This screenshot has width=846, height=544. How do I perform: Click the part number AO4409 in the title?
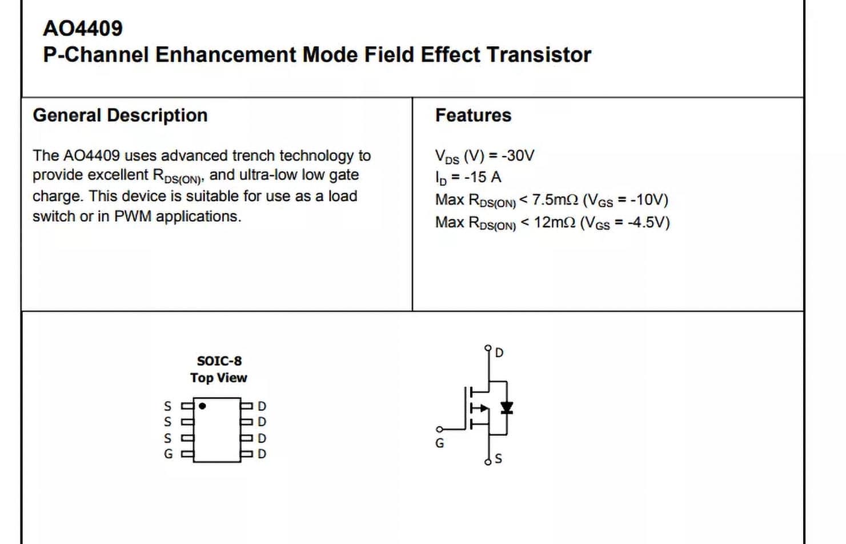click(x=83, y=29)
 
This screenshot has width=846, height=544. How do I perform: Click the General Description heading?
click(x=120, y=115)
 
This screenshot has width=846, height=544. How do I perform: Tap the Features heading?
click(x=473, y=115)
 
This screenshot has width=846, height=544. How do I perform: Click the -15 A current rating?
click(x=483, y=177)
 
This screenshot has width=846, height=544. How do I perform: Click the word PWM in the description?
click(x=133, y=217)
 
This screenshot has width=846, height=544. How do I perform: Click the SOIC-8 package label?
click(x=219, y=361)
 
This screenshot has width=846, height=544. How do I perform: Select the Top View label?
click(x=219, y=378)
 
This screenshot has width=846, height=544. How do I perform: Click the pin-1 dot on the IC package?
click(x=202, y=406)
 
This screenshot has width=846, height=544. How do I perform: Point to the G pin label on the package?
click(x=168, y=454)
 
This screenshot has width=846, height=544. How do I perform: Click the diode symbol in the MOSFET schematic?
click(x=506, y=407)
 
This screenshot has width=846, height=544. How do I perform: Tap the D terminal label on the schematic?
click(x=499, y=353)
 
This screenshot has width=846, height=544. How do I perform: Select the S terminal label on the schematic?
click(x=498, y=459)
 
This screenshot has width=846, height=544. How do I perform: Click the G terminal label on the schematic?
click(x=439, y=443)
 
